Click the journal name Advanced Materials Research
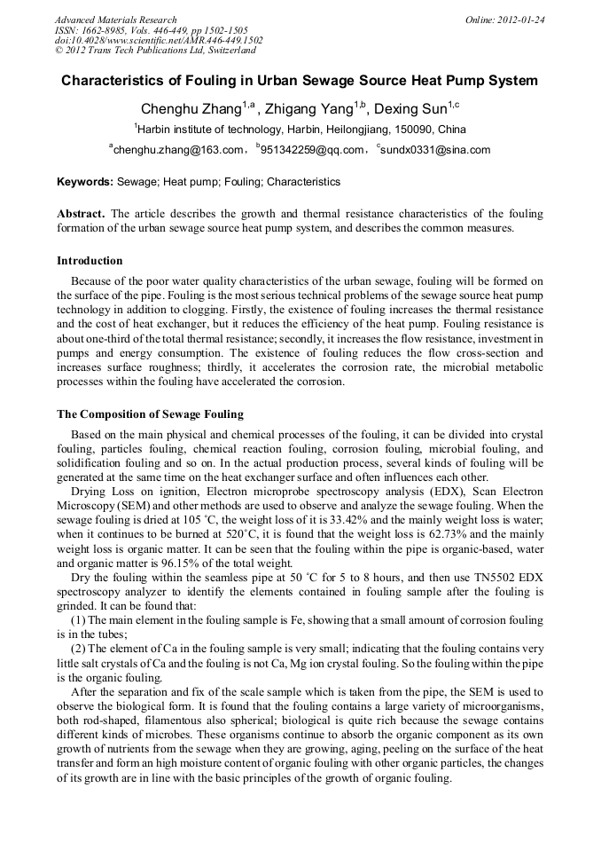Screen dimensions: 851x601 coord(115,20)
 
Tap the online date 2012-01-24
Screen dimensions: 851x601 coord(519,20)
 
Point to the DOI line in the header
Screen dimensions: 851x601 coord(159,40)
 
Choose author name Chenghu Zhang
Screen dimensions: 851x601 coord(191,110)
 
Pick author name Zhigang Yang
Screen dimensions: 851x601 coord(310,110)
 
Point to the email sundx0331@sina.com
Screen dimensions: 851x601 coord(435,150)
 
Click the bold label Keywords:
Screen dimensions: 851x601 coord(85,182)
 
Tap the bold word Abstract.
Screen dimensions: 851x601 coord(81,215)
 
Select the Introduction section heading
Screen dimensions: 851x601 coord(90,261)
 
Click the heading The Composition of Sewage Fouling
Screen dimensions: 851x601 coord(150,414)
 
